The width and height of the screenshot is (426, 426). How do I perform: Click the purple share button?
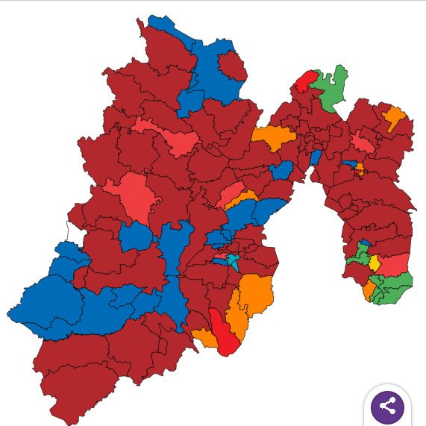click(388, 407)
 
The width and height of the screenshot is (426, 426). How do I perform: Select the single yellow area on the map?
click(375, 263)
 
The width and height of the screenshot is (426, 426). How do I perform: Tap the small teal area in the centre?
click(234, 262)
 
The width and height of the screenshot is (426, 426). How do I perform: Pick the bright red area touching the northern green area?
click(304, 81)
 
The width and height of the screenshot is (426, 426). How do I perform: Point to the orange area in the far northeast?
click(394, 117)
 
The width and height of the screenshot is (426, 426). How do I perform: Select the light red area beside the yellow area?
click(394, 264)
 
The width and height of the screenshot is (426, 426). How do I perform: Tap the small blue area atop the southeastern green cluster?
click(364, 245)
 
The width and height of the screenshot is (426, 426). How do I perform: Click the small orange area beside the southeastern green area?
click(369, 289)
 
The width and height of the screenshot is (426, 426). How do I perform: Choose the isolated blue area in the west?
click(136, 237)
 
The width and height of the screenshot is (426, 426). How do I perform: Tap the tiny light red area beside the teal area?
click(221, 257)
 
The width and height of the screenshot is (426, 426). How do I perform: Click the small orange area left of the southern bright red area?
click(204, 338)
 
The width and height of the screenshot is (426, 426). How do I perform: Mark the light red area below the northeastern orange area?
click(364, 141)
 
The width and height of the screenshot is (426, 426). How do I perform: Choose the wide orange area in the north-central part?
click(275, 137)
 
